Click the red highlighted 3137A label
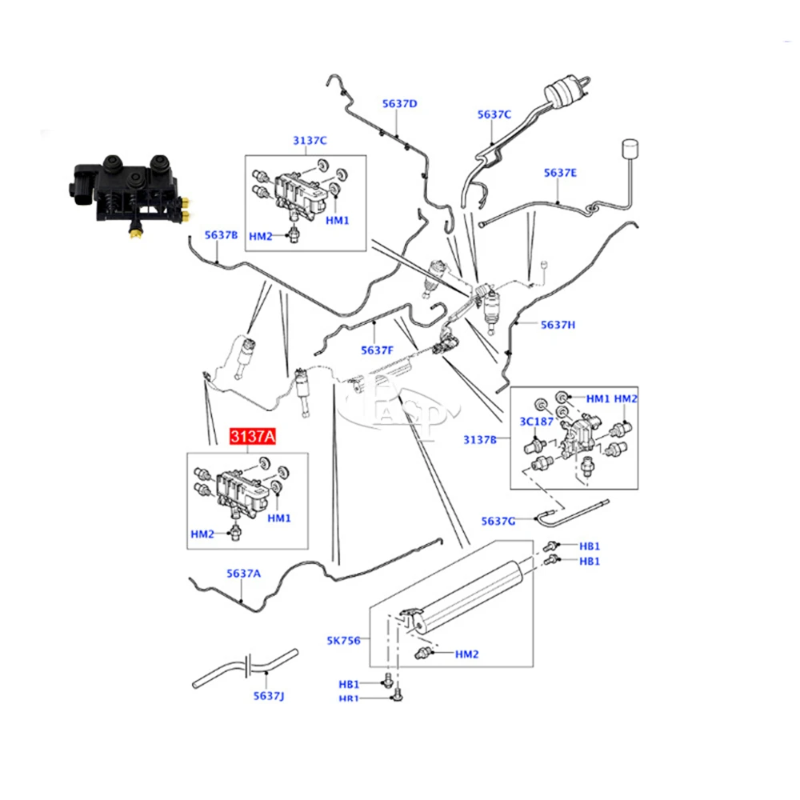253,437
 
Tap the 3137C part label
309,141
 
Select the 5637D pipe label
399,103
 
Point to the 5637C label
494,114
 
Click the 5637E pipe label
560,172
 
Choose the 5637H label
558,324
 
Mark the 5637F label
377,350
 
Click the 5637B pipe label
221,234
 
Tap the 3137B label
481,439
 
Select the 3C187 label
537,420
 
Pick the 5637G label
498,521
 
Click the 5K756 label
343,640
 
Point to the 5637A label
243,573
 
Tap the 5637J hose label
269,696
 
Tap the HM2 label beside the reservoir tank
466,654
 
